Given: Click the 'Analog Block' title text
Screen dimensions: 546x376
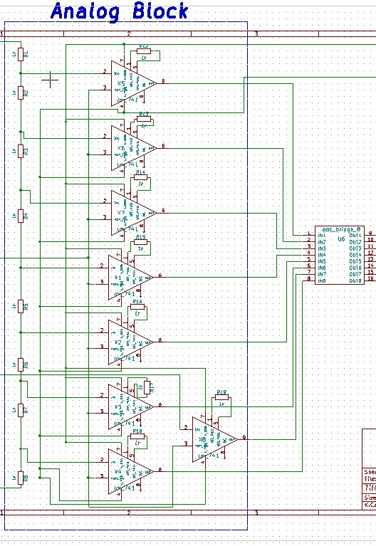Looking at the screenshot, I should tap(120, 11).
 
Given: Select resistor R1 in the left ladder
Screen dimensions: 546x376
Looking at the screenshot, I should tap(21, 53).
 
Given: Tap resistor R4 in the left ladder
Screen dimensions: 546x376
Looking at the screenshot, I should tap(21, 214).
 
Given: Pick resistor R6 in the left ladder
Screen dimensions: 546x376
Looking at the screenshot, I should tap(21, 364).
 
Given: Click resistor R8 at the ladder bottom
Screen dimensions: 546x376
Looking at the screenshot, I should tap(21, 478).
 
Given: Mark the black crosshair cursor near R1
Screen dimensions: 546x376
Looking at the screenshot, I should tap(50, 80).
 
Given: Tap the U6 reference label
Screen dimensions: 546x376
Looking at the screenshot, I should tap(341, 239).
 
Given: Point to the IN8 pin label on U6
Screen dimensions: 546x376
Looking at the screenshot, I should tap(322, 280).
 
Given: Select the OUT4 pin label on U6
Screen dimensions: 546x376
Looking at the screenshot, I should tap(355, 255).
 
